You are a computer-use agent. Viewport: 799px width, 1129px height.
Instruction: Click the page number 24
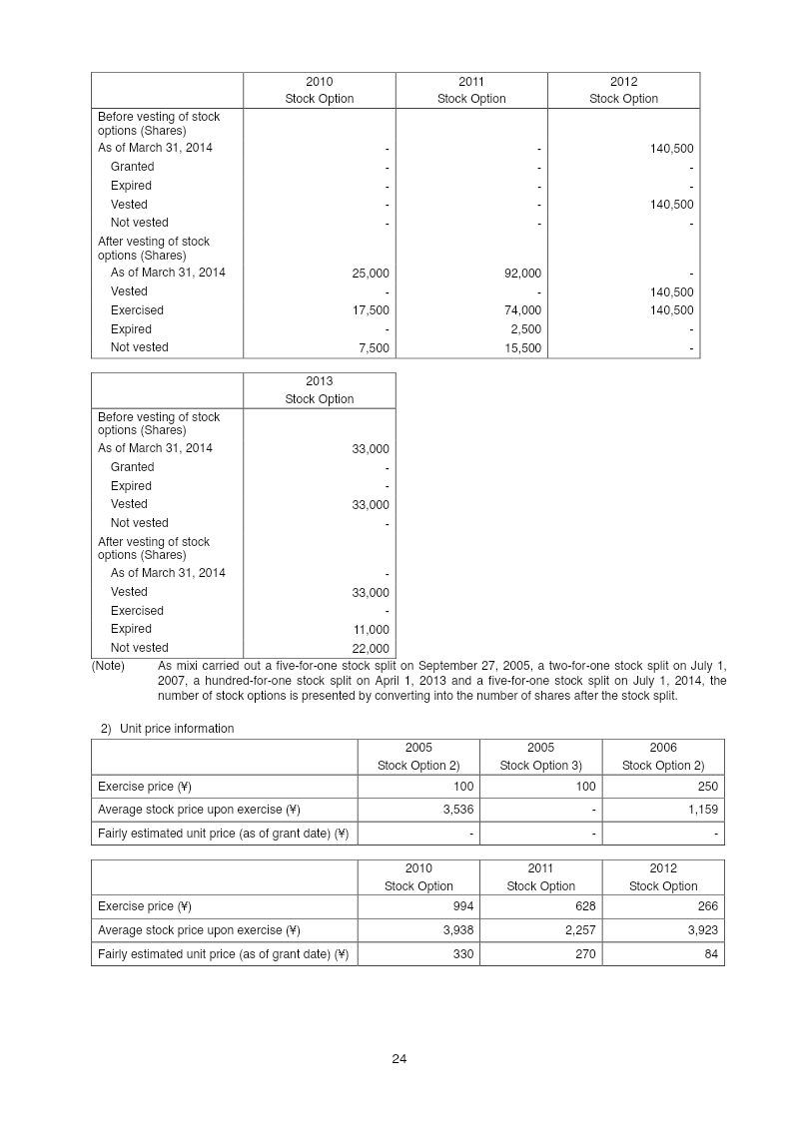click(x=399, y=1059)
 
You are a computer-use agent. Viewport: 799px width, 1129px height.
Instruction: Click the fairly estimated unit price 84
click(x=711, y=954)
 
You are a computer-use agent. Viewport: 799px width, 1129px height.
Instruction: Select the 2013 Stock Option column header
click(x=320, y=390)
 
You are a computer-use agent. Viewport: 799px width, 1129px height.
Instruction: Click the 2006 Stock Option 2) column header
click(x=663, y=757)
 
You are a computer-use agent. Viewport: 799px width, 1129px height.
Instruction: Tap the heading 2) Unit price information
click(x=167, y=729)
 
